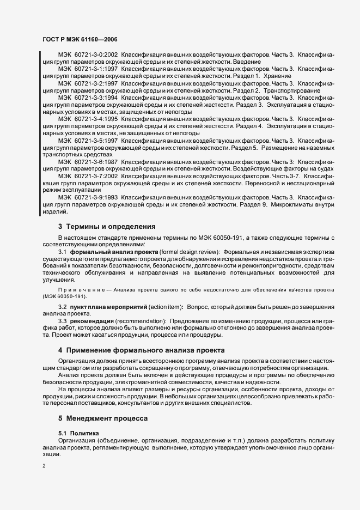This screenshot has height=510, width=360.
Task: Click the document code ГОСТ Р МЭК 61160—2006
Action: (x=80, y=39)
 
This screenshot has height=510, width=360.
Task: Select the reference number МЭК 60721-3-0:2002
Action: (x=88, y=55)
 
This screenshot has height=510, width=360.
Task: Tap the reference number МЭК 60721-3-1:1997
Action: (x=88, y=69)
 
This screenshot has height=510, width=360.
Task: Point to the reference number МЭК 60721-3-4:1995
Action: (x=88, y=118)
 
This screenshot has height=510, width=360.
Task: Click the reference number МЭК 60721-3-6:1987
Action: (x=88, y=162)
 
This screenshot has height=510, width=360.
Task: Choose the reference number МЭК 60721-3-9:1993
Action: (x=88, y=197)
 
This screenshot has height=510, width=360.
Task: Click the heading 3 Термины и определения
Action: (x=107, y=226)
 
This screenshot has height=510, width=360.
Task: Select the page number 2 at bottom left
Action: (x=44, y=466)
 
